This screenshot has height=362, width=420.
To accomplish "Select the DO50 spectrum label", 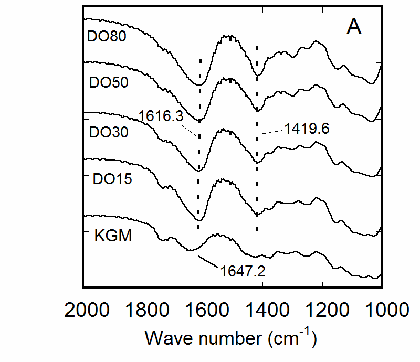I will click(109, 82).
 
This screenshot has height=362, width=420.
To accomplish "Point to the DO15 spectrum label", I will click(112, 179).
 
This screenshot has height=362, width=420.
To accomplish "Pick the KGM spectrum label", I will click(113, 236).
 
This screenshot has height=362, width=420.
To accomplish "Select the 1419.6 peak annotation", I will click(307, 129).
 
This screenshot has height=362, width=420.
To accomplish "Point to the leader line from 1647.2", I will click(206, 260).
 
